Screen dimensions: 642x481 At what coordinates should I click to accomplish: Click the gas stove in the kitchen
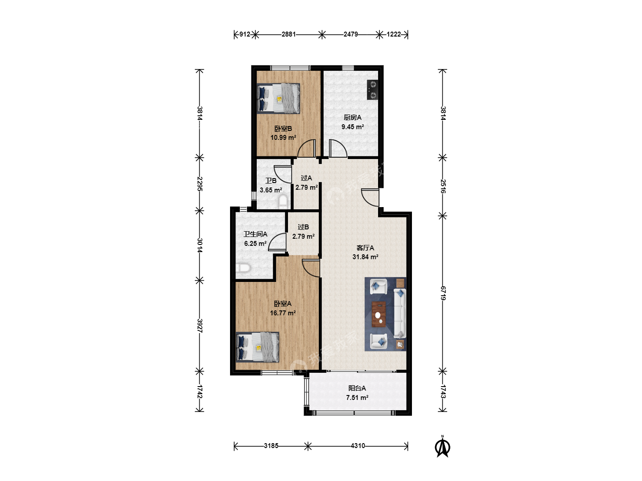[x=372, y=90]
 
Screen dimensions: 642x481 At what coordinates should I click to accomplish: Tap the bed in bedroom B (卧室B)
[x=279, y=98]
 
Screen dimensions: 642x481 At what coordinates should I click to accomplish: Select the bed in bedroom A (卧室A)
[x=257, y=347]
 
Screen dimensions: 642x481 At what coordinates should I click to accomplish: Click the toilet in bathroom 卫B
[x=283, y=202]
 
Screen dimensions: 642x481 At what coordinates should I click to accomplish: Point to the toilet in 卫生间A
[x=243, y=268]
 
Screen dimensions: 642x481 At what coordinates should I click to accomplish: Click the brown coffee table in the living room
[x=379, y=314]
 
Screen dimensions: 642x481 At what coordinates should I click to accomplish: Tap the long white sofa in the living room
[x=400, y=313]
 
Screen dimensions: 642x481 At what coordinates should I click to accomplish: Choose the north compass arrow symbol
[x=443, y=447]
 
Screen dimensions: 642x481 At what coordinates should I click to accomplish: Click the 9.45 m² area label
[x=353, y=127]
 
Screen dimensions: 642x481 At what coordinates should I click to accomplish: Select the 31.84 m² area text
[x=365, y=257]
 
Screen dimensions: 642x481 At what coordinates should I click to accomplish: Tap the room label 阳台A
[x=357, y=388]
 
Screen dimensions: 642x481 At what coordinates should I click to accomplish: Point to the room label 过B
[x=303, y=227]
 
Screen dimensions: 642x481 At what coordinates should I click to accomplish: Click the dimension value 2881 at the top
[x=289, y=34]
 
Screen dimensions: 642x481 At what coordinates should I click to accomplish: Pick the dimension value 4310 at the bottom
[x=358, y=446]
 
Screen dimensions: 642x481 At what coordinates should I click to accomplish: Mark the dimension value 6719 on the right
[x=443, y=293]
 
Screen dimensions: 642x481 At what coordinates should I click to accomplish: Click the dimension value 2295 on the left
[x=200, y=184]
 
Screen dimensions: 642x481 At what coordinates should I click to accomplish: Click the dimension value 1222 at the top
[x=394, y=34]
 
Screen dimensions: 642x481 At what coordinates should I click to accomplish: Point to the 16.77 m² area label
[x=283, y=313]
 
